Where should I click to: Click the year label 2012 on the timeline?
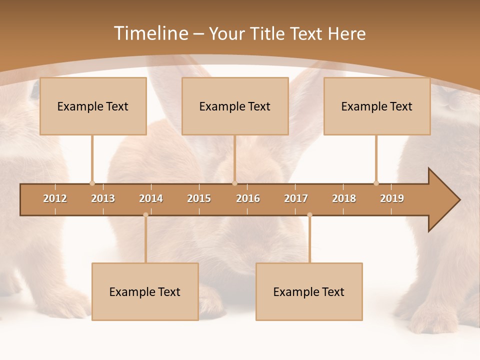coord(55,198)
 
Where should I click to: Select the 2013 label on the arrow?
coord(103,198)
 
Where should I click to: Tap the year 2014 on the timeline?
coord(151,198)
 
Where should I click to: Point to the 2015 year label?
coord(199,198)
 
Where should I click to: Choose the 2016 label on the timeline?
coord(248,198)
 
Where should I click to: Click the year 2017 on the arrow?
coord(296,198)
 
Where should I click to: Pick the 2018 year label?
coord(344,198)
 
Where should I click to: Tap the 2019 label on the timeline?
coord(392,198)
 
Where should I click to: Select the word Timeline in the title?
coord(150,33)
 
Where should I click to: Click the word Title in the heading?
coord(269,33)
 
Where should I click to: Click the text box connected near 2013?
coord(93,106)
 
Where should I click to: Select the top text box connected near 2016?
coord(235,106)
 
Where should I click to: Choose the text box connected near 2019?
coord(377,106)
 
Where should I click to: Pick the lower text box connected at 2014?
coord(145,291)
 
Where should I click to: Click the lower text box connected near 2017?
coord(309,291)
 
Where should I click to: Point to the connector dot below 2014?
coord(145,215)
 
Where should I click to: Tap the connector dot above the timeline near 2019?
coord(376,183)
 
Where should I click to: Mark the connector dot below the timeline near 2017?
coord(309,215)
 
